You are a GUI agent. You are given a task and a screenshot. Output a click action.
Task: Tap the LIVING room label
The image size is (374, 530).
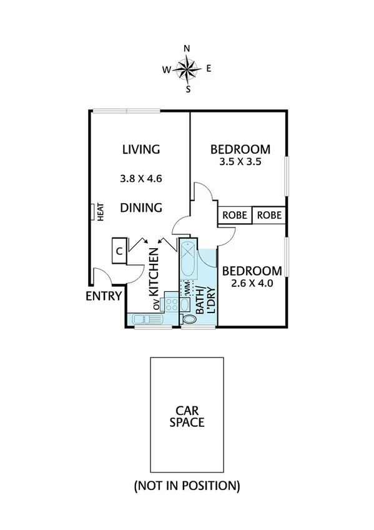coord(141,149)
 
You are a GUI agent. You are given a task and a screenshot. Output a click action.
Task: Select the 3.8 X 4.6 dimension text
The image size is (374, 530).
coord(141,178)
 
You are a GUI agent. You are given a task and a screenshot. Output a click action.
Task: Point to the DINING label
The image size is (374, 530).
coord(141,207)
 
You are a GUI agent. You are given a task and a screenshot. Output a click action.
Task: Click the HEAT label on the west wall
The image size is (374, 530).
coord(99,212)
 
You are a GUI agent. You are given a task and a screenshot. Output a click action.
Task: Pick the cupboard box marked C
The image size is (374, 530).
coord(119,251)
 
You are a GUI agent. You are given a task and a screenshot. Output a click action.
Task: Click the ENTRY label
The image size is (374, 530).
coord(104,296)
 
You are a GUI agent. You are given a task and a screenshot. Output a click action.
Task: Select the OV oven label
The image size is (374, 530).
coord(156,305)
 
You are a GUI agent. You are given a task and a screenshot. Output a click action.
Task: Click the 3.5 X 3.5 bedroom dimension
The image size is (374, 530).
coord(240,161)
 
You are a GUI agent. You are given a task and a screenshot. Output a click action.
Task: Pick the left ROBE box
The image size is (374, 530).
coord(235,216)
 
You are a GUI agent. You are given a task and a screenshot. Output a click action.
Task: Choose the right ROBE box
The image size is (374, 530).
coord(269,216)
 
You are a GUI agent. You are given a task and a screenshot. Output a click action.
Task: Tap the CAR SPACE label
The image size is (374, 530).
coord(187,416)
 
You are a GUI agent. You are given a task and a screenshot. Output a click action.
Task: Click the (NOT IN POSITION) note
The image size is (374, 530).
coord(187,485)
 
